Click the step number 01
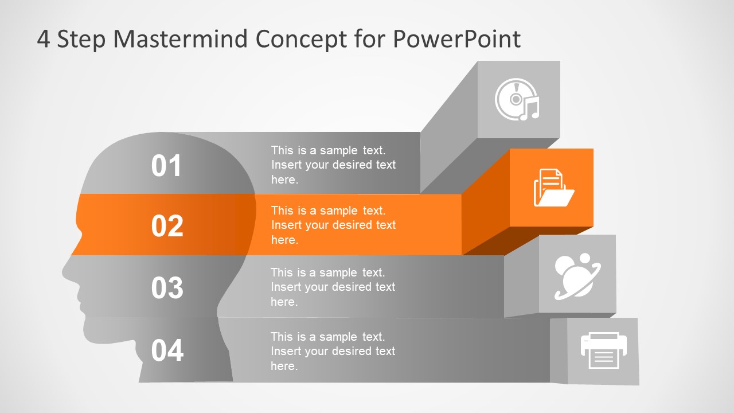tap(166, 166)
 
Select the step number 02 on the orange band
tap(167, 226)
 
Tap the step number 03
tap(167, 287)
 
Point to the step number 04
tap(167, 350)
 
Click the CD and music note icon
tap(518, 100)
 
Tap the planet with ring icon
tap(577, 276)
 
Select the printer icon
tap(603, 350)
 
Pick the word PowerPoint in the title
tap(456, 39)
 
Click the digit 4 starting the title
tap(44, 40)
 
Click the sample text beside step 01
tap(333, 165)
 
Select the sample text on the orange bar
tap(333, 225)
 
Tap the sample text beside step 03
tap(333, 287)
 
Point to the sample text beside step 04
tap(333, 351)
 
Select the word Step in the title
tap(81, 40)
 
